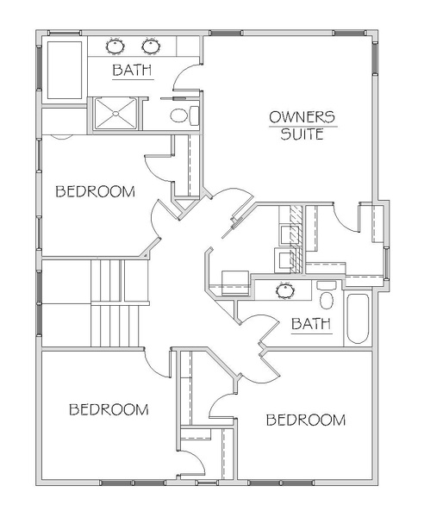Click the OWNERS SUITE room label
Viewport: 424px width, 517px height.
coord(302,126)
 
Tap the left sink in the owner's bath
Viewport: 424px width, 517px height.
coord(115,47)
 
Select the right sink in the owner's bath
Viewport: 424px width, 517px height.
coord(152,47)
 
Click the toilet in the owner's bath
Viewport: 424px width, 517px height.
coord(184,115)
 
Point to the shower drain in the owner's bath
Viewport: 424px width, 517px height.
coord(115,114)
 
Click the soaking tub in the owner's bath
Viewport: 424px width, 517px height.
coord(65,70)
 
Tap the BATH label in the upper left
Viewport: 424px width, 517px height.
coord(132,71)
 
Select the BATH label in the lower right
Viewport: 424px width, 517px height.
coord(311,324)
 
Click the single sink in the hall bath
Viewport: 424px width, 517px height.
coord(285,291)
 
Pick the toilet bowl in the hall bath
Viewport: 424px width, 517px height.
coord(327,301)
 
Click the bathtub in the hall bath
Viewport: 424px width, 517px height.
coord(358,319)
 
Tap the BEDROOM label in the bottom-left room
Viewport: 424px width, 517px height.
coord(109,409)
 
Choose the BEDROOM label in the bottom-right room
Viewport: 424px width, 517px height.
coord(306,420)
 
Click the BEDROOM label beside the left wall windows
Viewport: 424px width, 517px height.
coord(96,191)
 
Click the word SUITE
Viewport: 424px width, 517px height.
coord(302,134)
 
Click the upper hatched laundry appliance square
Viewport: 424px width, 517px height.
coord(290,234)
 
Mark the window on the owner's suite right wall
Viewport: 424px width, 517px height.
coord(375,56)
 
